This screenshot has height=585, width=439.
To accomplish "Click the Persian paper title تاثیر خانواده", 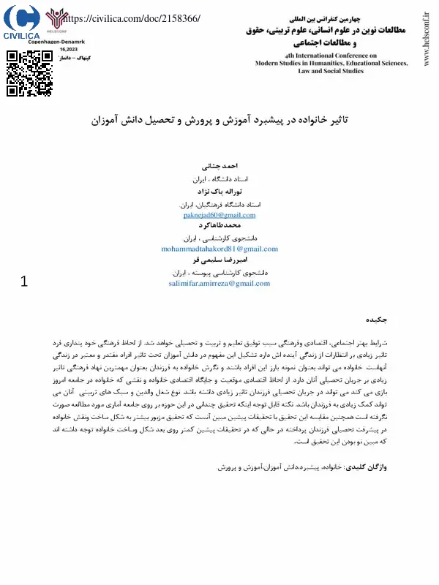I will pos(219,118).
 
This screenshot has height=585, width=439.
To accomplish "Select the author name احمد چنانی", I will pos(219,167).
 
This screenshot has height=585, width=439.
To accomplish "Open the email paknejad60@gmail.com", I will pos(219,215).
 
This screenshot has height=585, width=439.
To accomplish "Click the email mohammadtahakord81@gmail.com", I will pos(219,249).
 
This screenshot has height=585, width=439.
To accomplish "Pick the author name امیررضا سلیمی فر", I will pos(219,260).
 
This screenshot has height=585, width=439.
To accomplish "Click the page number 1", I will pos(24,281).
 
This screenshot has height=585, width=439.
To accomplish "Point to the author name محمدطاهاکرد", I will pos(219,226).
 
